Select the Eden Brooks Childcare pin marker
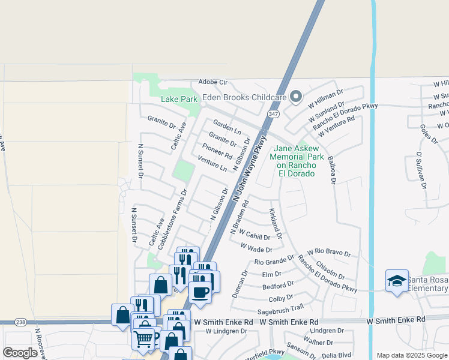[x=295, y=97]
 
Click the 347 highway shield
[x=274, y=113]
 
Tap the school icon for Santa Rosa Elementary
[x=397, y=281]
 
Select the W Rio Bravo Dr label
[x=328, y=252]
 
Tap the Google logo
[x=20, y=353]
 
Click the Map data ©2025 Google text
[x=411, y=355]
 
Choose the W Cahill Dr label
[x=255, y=234]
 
